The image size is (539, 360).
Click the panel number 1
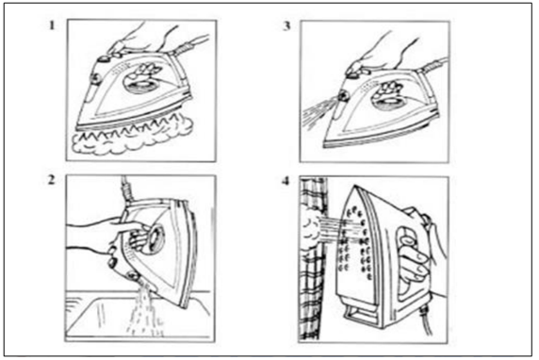52,25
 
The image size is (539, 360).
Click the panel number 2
51,179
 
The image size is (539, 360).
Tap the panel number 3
286,25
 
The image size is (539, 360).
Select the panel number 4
286,181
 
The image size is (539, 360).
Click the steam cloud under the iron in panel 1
132,138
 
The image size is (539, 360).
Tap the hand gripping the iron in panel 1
144,38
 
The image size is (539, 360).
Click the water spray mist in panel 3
318,112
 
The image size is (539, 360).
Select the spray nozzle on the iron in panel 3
342,95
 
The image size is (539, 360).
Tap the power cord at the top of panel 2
126,189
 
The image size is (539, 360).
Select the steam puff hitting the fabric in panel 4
312,230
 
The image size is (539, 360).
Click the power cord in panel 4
426,321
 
